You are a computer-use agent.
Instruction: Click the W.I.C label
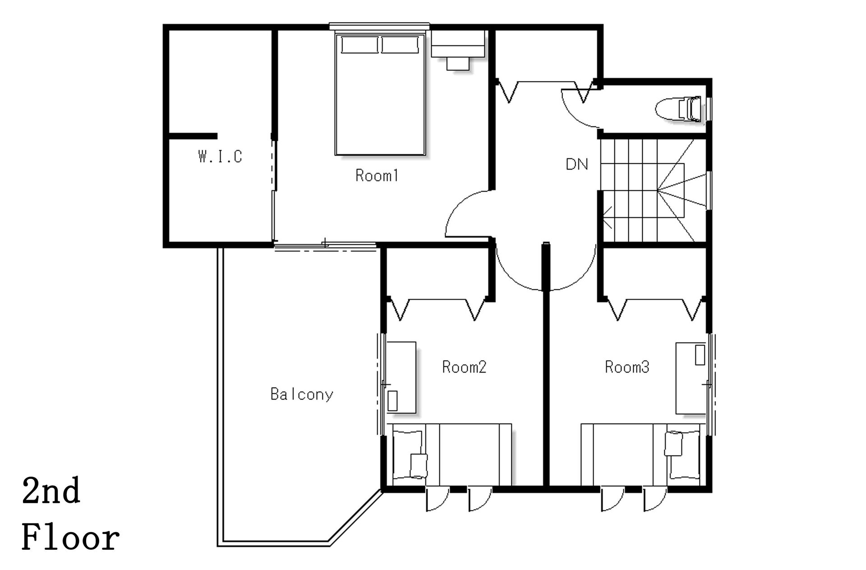(220, 157)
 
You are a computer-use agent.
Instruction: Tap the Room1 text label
(377, 175)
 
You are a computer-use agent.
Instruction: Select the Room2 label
(464, 367)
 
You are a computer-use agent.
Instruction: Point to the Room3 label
(627, 367)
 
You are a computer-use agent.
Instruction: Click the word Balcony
(302, 394)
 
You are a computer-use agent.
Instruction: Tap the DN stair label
(577, 164)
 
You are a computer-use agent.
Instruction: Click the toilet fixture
(679, 109)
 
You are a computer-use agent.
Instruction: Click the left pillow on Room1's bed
(359, 45)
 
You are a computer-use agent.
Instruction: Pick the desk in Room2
(401, 377)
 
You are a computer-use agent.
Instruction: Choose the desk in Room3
(691, 378)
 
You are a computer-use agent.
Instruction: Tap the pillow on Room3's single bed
(683, 453)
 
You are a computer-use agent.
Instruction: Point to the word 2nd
(51, 491)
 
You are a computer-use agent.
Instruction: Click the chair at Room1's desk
(458, 63)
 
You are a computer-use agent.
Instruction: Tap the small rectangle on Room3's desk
(700, 355)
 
